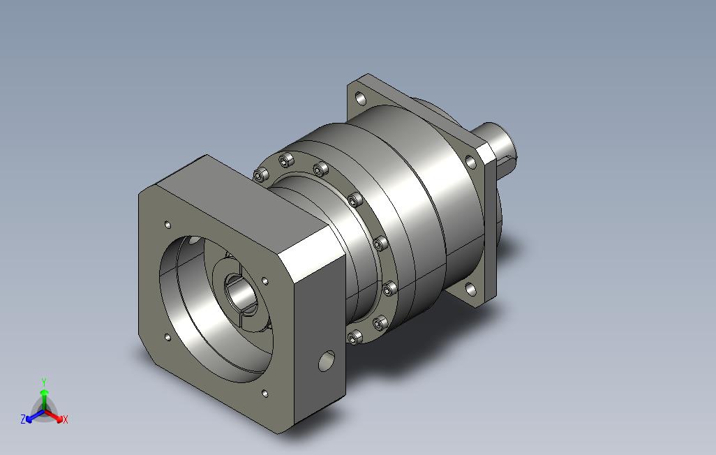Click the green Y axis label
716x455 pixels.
[44, 382]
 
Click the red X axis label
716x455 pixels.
[66, 419]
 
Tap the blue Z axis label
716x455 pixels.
[23, 419]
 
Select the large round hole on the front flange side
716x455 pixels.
[327, 361]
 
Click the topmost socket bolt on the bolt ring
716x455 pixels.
[286, 161]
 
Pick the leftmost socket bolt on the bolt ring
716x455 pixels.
[260, 175]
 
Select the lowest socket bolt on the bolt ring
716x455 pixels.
[355, 338]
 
